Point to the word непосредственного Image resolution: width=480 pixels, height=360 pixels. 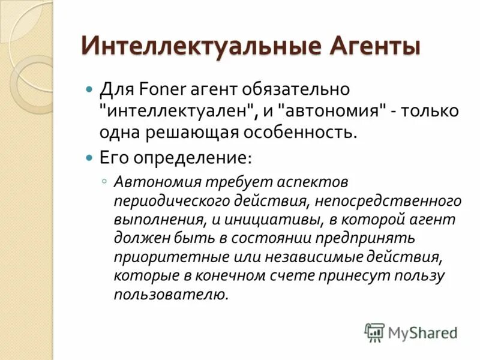393,200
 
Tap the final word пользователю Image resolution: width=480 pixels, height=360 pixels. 172,295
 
